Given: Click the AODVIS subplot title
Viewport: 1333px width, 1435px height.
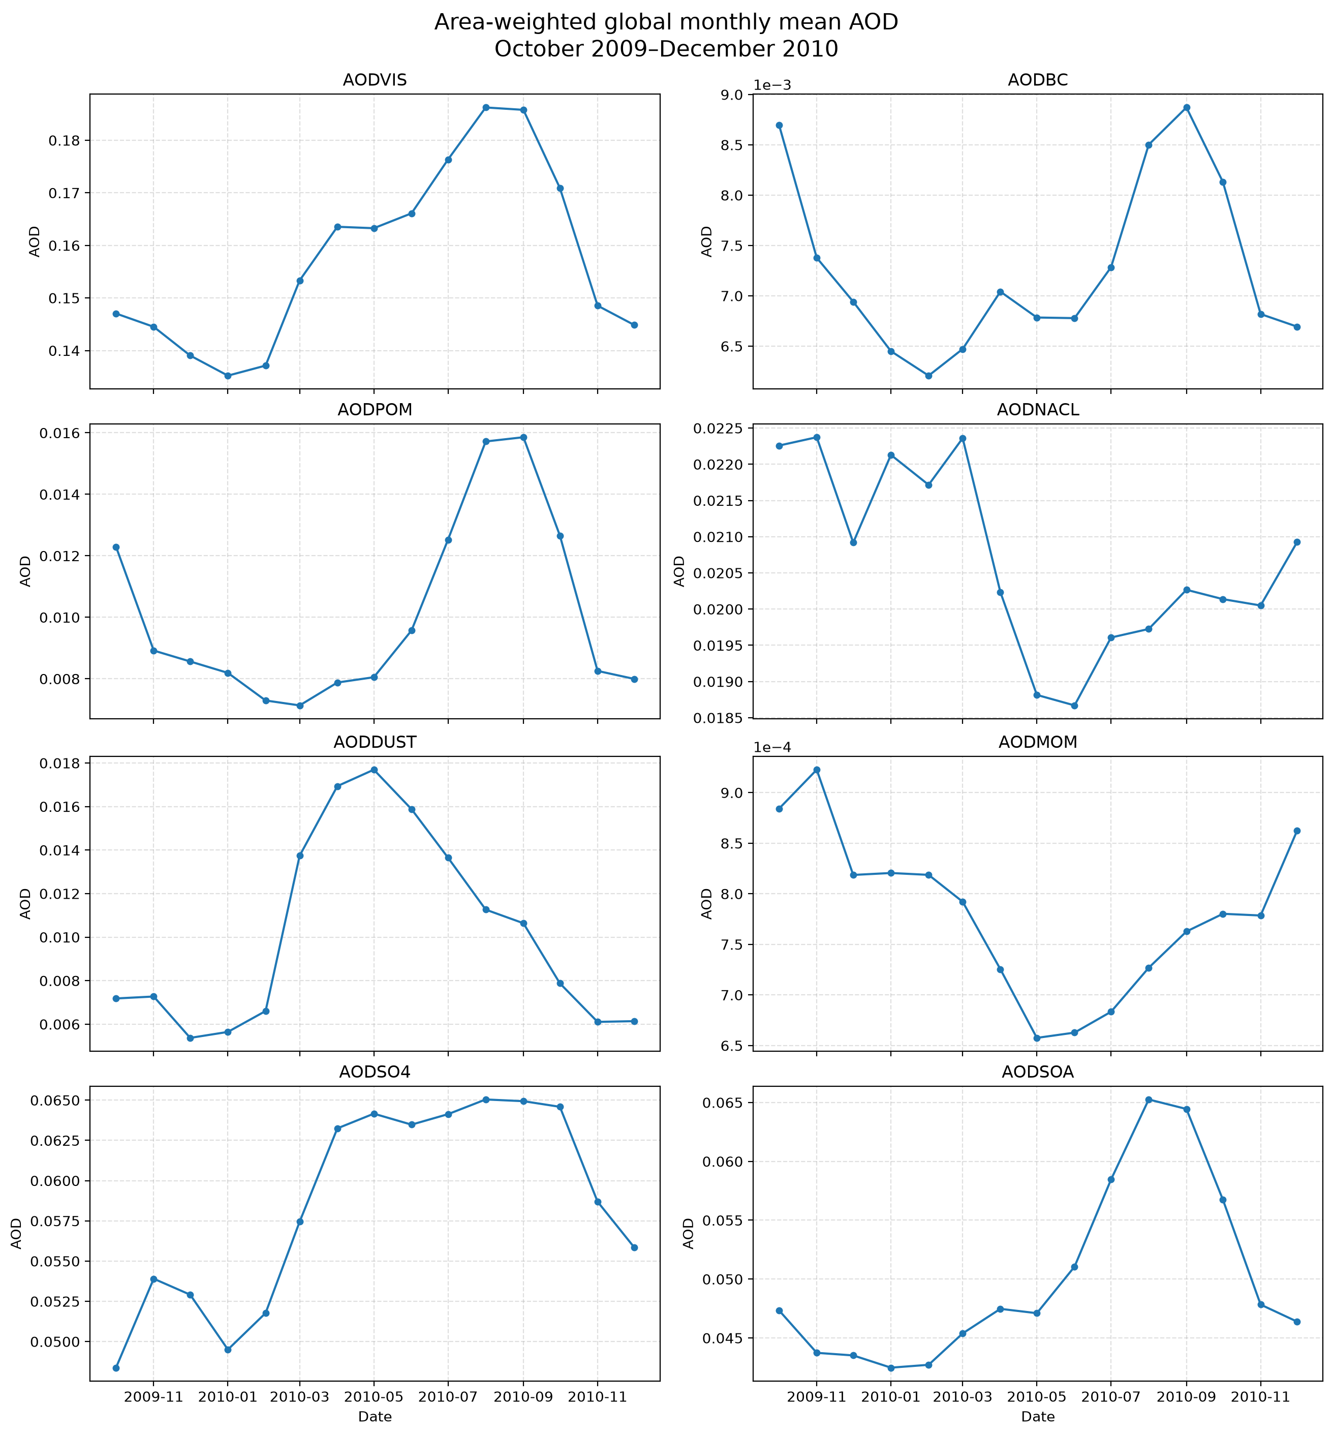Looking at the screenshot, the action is [375, 81].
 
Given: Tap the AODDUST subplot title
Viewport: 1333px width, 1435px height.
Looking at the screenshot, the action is [375, 742].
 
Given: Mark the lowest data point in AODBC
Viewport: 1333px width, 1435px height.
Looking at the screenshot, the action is [928, 376].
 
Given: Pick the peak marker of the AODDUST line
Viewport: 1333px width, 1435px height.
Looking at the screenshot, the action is [374, 770].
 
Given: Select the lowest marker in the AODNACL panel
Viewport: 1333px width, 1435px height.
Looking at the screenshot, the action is [1074, 706].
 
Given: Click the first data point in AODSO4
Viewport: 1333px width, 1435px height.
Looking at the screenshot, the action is [116, 1368].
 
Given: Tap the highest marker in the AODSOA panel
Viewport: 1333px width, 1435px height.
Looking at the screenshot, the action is [1149, 1100].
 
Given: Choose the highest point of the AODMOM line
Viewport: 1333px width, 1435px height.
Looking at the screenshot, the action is [817, 770].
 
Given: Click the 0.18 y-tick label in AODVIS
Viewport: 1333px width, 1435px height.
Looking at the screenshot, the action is [64, 141].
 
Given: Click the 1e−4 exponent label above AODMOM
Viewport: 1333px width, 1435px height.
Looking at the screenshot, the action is [772, 747].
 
